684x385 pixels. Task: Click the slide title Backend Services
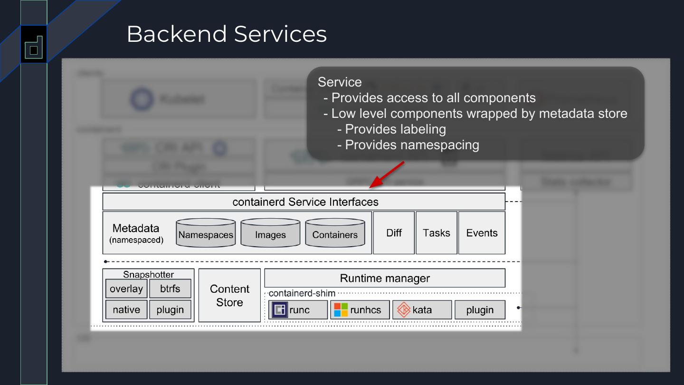227,34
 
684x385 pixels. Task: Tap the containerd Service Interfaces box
304,202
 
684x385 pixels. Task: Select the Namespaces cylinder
206,233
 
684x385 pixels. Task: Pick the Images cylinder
270,233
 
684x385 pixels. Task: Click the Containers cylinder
335,233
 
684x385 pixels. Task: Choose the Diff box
394,233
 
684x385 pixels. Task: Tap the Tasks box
436,233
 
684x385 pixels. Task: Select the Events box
482,233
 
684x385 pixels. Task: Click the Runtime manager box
385,278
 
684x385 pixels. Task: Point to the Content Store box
229,295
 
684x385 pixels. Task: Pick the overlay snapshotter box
126,289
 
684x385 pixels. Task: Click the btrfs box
170,289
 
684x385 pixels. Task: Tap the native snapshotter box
126,309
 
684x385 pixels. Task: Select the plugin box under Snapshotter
170,309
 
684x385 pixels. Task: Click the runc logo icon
279,310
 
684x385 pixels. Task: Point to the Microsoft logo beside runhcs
341,310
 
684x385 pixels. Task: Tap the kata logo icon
403,310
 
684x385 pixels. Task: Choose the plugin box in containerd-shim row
480,310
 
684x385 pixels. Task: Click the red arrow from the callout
387,174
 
